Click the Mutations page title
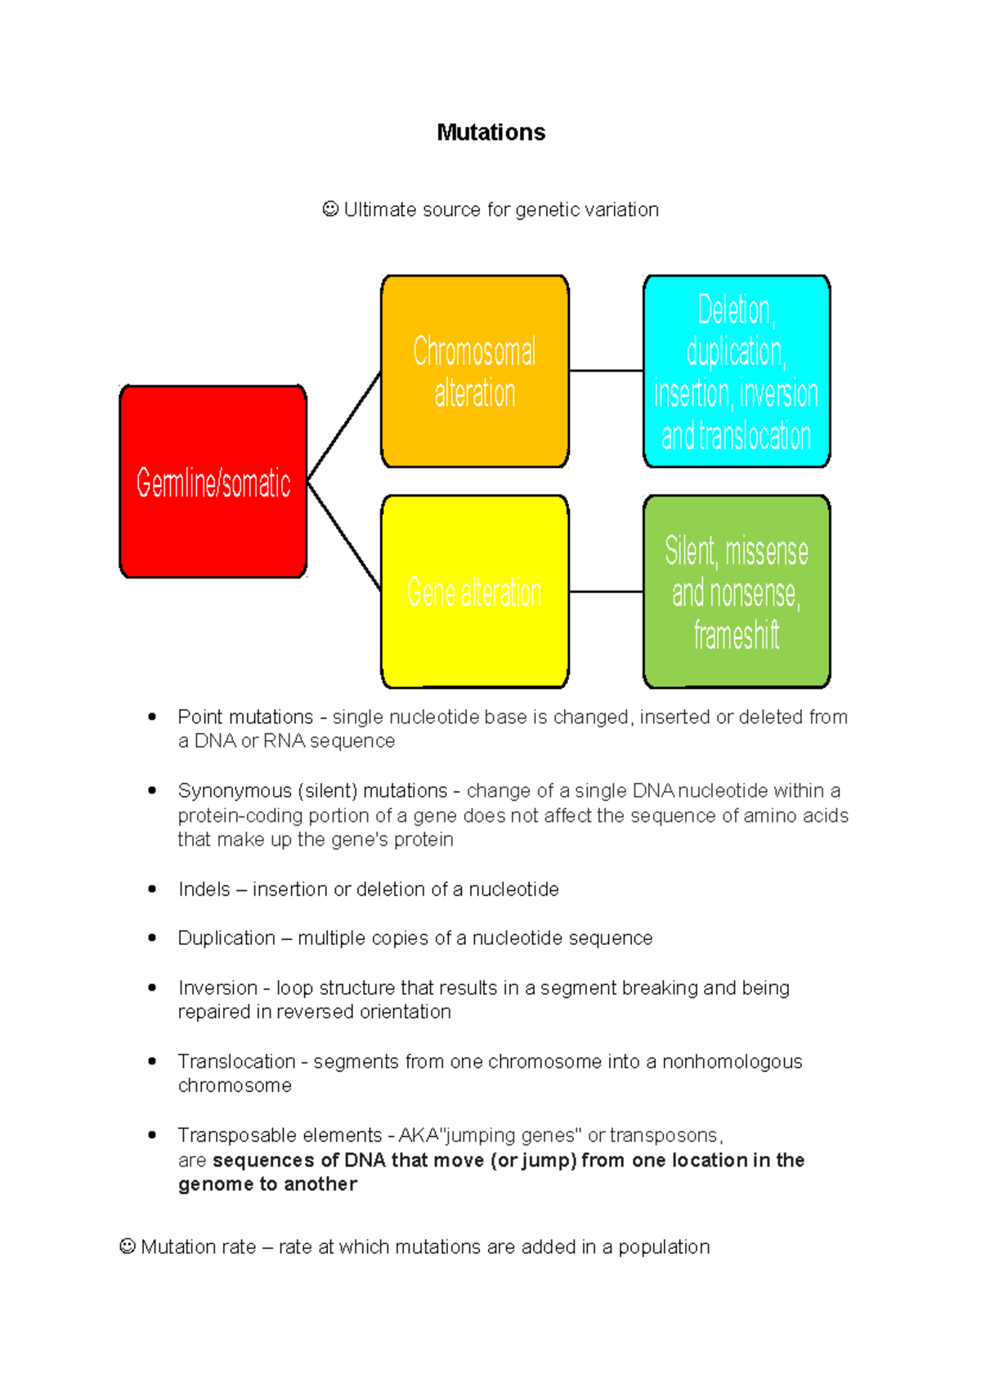click(x=490, y=133)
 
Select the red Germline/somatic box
click(x=213, y=482)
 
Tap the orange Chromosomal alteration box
click(x=474, y=371)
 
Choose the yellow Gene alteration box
click(x=474, y=591)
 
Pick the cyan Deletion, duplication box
click(x=736, y=371)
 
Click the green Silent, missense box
click(x=736, y=591)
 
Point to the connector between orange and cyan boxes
click(x=606, y=371)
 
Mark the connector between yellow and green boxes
click(x=606, y=591)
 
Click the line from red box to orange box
click(x=344, y=426)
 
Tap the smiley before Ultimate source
click(x=330, y=209)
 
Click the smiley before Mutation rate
click(x=128, y=1247)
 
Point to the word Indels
click(x=204, y=889)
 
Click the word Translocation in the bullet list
click(x=236, y=1061)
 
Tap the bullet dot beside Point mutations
click(x=152, y=717)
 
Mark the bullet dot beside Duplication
click(x=152, y=937)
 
